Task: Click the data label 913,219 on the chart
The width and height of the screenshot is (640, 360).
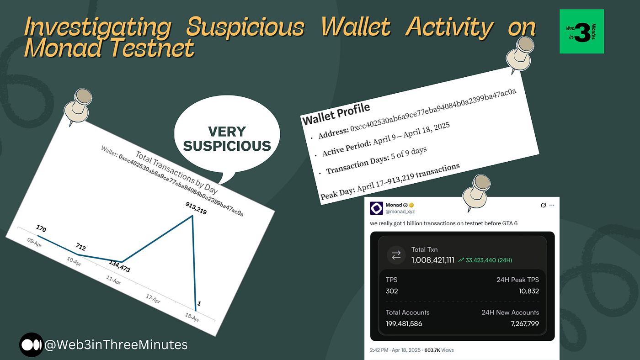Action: point(196,208)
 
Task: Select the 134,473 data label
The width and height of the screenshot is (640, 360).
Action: point(119,266)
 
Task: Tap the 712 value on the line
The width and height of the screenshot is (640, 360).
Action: point(80,247)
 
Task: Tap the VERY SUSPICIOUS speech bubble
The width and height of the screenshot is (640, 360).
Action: point(227,138)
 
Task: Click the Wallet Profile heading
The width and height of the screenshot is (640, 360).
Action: point(336,113)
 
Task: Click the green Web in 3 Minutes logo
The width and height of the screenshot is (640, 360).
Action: point(581,31)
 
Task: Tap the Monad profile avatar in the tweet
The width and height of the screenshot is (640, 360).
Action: point(376,208)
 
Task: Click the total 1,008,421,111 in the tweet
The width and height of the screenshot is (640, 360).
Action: point(432,260)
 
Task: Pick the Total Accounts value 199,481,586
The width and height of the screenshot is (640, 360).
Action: point(404,323)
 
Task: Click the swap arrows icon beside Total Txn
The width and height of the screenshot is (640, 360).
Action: point(396,255)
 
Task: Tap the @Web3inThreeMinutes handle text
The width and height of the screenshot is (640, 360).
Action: point(116,344)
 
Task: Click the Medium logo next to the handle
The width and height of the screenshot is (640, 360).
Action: point(31,344)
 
